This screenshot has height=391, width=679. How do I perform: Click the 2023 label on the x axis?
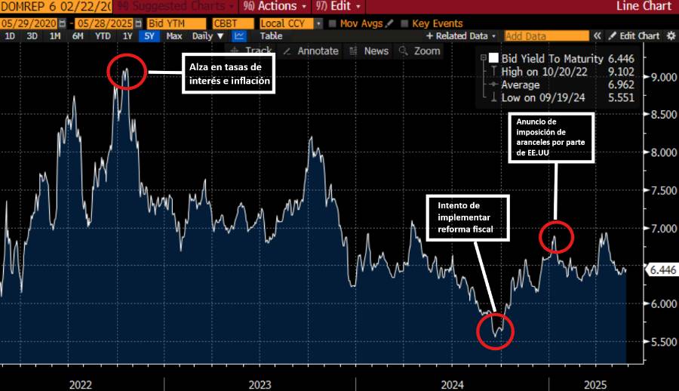point(260,384)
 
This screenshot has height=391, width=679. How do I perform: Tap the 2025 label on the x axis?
point(596,384)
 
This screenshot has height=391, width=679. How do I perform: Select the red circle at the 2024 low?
point(496,331)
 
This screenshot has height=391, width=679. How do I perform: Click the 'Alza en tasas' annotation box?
point(227,74)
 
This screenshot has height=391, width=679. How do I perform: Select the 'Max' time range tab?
point(174,35)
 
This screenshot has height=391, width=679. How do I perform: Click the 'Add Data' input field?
point(546,35)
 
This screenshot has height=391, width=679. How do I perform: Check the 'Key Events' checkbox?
point(406,23)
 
